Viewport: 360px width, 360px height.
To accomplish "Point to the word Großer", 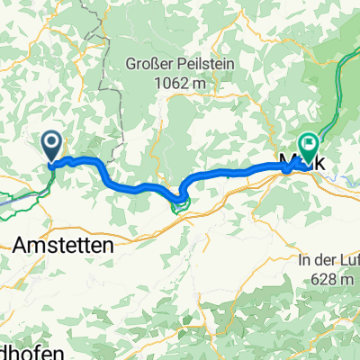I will [x=150, y=66].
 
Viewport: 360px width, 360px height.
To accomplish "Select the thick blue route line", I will [x=135, y=186].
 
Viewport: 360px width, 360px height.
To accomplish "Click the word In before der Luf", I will [x=303, y=260].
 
